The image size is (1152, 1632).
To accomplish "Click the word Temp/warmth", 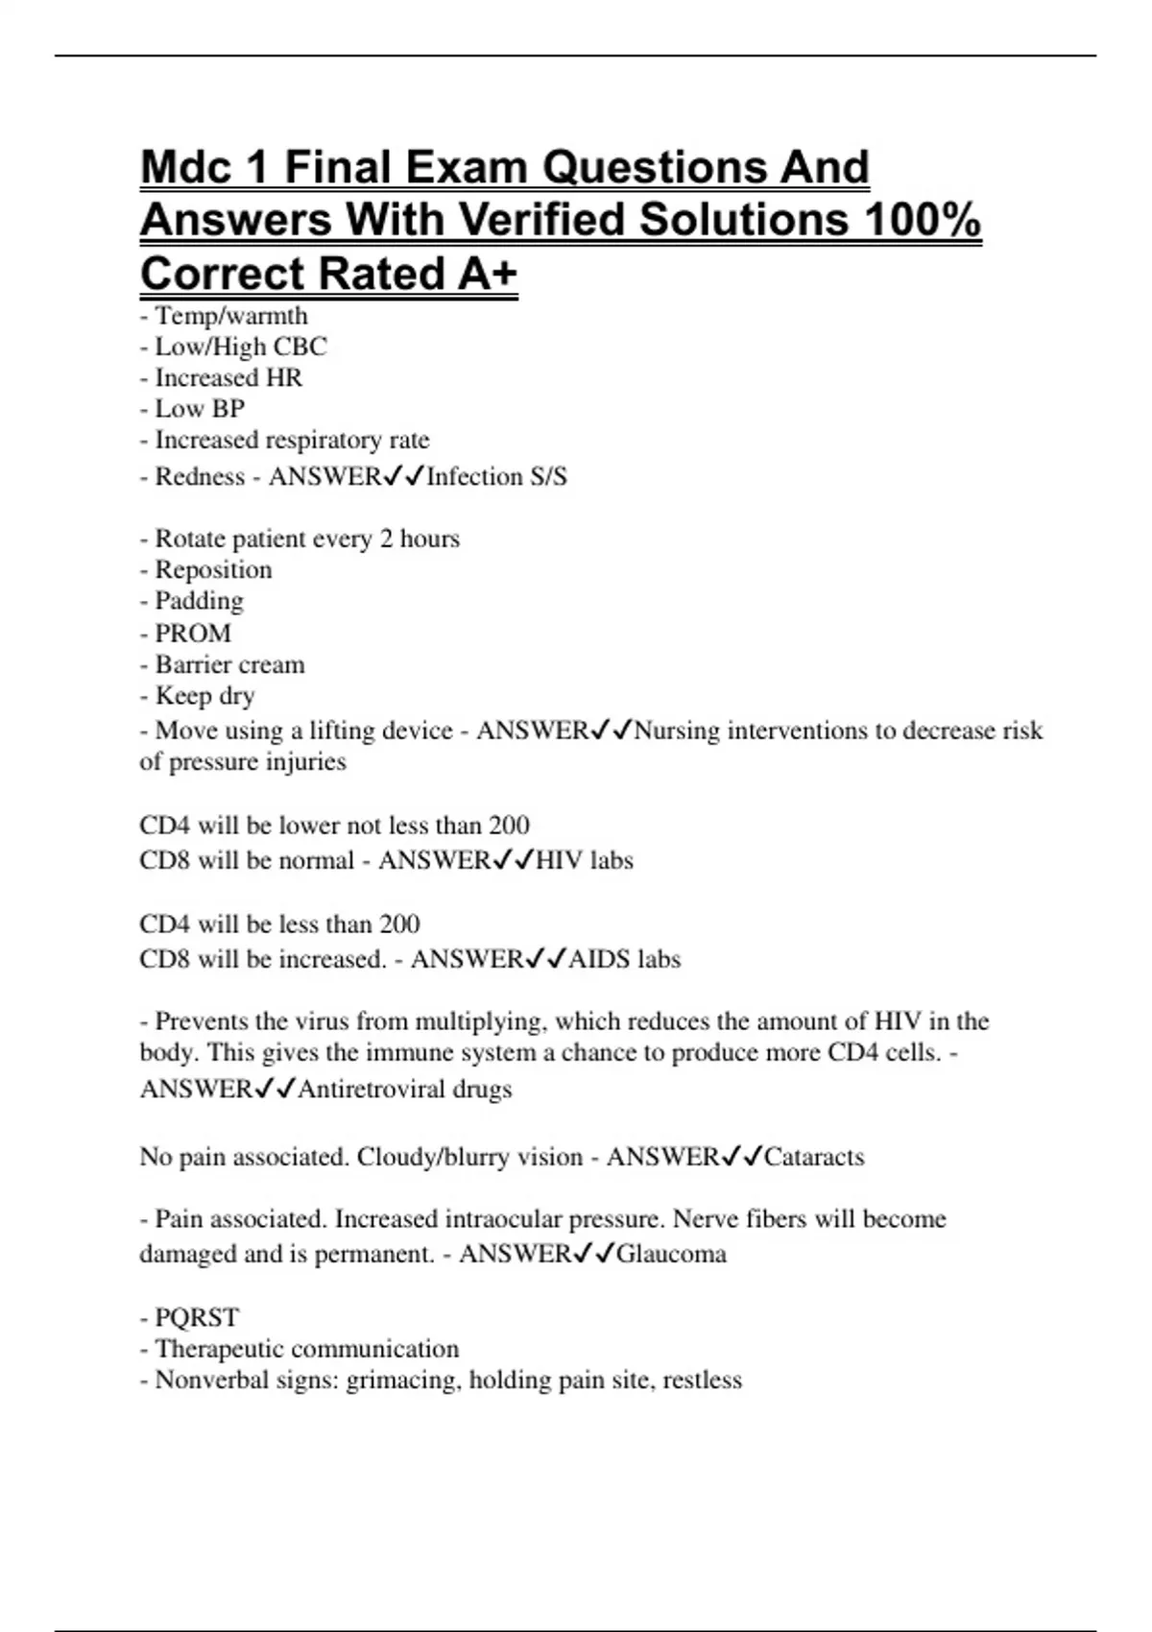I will pyautogui.click(x=231, y=316).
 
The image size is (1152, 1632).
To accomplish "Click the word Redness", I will pyautogui.click(x=200, y=477).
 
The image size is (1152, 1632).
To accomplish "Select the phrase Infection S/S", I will pyautogui.click(x=496, y=477).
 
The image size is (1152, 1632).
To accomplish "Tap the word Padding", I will pyautogui.click(x=199, y=601).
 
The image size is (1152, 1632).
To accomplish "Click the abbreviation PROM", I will pyautogui.click(x=193, y=634).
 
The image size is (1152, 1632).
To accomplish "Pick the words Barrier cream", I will pyautogui.click(x=229, y=664).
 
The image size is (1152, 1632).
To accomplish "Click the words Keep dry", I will pyautogui.click(x=204, y=695).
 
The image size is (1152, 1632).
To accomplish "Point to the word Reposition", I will pyautogui.click(x=213, y=569).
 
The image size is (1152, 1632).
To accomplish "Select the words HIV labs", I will pyautogui.click(x=584, y=860).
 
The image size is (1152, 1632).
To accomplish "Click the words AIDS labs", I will pyautogui.click(x=624, y=959).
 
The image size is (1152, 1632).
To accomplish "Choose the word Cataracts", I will pyautogui.click(x=814, y=1157).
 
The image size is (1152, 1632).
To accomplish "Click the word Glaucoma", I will pyautogui.click(x=671, y=1254).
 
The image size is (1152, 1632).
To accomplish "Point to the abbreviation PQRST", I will pyautogui.click(x=197, y=1317).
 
